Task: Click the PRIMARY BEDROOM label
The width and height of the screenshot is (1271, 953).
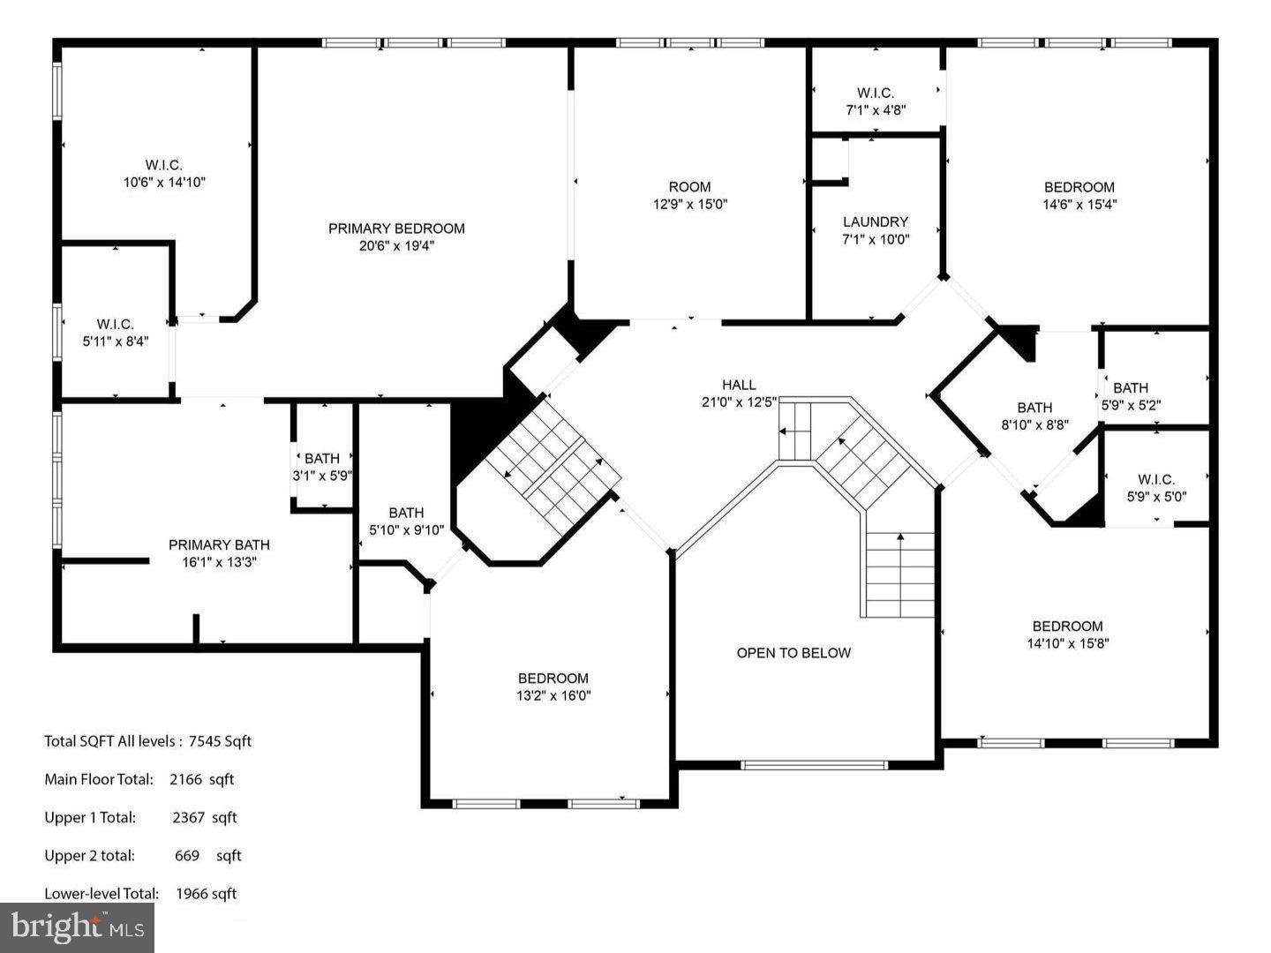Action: [396, 229]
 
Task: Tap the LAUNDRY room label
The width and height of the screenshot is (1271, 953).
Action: [875, 222]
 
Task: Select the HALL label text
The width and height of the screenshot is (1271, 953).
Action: [739, 385]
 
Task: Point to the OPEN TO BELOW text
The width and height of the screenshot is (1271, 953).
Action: [793, 653]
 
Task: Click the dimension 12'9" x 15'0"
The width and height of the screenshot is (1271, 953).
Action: [689, 204]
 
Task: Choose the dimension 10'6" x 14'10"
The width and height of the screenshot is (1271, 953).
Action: [164, 183]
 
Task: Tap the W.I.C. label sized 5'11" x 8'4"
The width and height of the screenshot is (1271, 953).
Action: [115, 325]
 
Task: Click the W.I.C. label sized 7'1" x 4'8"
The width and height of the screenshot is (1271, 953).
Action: [875, 93]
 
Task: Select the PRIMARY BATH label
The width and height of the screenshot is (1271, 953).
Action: [219, 544]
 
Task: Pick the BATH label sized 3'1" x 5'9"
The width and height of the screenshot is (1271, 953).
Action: [322, 459]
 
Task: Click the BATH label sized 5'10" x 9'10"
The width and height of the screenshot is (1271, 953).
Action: [406, 513]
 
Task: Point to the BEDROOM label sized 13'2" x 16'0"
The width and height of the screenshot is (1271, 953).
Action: [553, 679]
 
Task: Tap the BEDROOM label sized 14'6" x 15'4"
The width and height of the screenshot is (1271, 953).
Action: [1079, 187]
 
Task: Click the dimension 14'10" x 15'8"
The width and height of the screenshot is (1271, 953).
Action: [1067, 644]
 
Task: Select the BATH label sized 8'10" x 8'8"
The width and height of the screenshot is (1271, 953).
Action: [1034, 408]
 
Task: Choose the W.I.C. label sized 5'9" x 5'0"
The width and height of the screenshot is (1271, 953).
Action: [1156, 480]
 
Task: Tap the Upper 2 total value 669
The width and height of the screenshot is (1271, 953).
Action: [187, 856]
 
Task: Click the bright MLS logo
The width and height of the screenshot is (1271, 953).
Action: [77, 927]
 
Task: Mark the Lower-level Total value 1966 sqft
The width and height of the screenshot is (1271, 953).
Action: [207, 894]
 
